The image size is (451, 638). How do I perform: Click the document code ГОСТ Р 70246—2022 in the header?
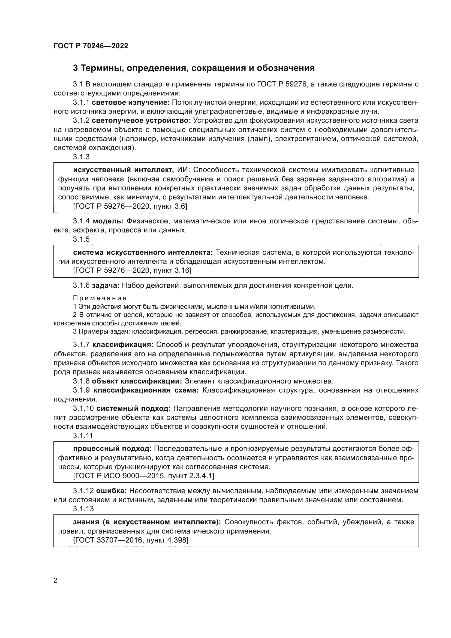click(x=91, y=46)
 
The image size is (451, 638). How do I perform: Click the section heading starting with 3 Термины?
click(x=194, y=68)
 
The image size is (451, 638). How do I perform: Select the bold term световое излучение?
click(x=131, y=103)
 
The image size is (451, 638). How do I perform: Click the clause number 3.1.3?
click(x=81, y=157)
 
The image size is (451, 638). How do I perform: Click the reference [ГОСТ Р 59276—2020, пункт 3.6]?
click(x=130, y=206)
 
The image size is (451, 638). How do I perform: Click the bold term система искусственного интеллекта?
click(x=143, y=253)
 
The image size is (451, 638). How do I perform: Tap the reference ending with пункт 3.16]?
click(x=132, y=270)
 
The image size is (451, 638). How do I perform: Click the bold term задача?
click(x=106, y=285)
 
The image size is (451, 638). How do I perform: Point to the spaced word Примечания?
click(x=100, y=298)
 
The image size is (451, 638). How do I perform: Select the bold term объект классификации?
click(x=137, y=381)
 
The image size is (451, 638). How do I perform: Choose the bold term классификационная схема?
click(x=146, y=390)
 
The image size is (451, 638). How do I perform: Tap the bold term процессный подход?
click(x=112, y=449)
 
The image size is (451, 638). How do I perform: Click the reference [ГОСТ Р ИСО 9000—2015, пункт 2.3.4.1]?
click(x=144, y=476)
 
